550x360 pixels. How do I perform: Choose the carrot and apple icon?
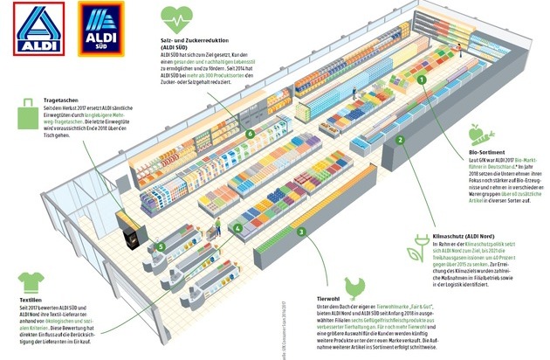click(x=478, y=135)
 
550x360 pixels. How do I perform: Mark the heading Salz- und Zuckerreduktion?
click(x=200, y=45)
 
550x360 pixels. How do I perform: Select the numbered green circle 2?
click(x=399, y=139)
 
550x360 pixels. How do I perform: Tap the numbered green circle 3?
click(x=300, y=232)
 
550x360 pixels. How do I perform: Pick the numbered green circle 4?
click(x=235, y=230)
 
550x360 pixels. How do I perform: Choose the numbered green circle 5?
click(x=161, y=246)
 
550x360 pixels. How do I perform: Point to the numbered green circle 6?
click(x=250, y=135)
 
